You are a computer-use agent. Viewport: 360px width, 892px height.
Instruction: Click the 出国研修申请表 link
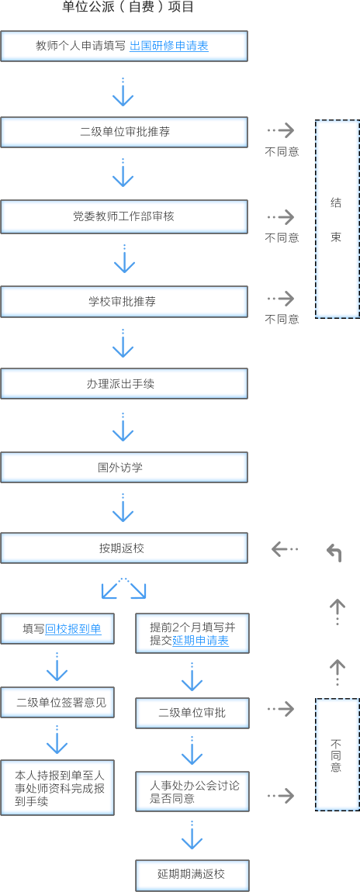point(169,46)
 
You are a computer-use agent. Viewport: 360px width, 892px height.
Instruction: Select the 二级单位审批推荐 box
point(124,132)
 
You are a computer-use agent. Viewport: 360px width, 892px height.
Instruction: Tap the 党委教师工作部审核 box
point(124,216)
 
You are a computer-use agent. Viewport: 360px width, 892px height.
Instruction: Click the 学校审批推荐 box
point(124,302)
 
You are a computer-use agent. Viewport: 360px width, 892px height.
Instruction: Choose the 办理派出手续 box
point(124,384)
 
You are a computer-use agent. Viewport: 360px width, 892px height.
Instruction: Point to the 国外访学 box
point(124,468)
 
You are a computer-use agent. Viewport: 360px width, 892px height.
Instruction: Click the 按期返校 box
point(124,548)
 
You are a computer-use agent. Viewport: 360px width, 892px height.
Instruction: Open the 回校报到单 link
point(74,628)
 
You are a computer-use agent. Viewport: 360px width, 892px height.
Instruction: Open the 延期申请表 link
point(201,641)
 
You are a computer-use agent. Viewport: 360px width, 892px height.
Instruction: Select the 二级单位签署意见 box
point(57,702)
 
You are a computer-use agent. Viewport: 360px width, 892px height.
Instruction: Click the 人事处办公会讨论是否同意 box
point(192,792)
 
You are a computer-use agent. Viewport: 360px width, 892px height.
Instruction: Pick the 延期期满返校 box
point(192,876)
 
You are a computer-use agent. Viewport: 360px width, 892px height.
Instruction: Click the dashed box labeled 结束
point(337,219)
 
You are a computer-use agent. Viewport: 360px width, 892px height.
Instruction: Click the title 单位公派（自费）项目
point(128,8)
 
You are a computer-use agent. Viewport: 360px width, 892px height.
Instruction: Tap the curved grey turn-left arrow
point(334,552)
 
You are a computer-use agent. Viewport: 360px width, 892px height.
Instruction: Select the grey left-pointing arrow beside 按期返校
point(285,549)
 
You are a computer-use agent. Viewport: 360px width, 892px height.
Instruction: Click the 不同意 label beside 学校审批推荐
point(282,320)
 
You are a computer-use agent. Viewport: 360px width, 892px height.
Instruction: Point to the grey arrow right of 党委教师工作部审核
point(281,216)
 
